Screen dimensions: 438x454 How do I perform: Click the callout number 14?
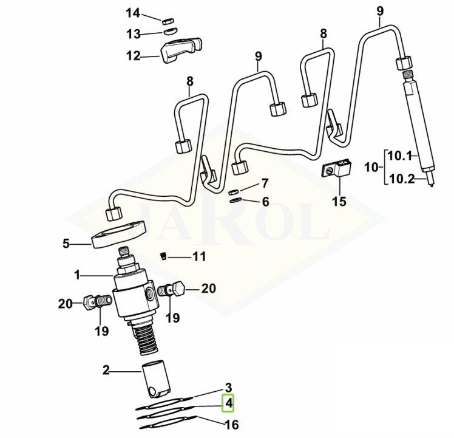tap(133, 13)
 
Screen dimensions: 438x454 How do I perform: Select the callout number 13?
tap(133, 33)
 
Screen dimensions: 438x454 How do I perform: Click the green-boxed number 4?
tap(229, 403)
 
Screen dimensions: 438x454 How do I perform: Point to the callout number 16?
tap(232, 424)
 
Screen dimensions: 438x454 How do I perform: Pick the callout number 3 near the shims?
tap(229, 388)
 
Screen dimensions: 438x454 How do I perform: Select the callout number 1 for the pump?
tap(78, 275)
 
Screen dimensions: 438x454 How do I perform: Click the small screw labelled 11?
tap(163, 256)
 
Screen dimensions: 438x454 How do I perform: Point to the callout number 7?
tap(265, 183)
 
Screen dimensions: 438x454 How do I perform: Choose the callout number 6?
tap(265, 202)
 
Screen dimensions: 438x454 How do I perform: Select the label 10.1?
tap(400, 156)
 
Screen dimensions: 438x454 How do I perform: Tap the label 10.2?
tap(400, 179)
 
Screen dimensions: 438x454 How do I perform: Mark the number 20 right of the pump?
tap(208, 289)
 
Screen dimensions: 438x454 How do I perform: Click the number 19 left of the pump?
tap(101, 331)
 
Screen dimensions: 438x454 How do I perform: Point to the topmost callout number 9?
tap(381, 10)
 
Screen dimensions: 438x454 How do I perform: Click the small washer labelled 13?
tap(171, 30)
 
